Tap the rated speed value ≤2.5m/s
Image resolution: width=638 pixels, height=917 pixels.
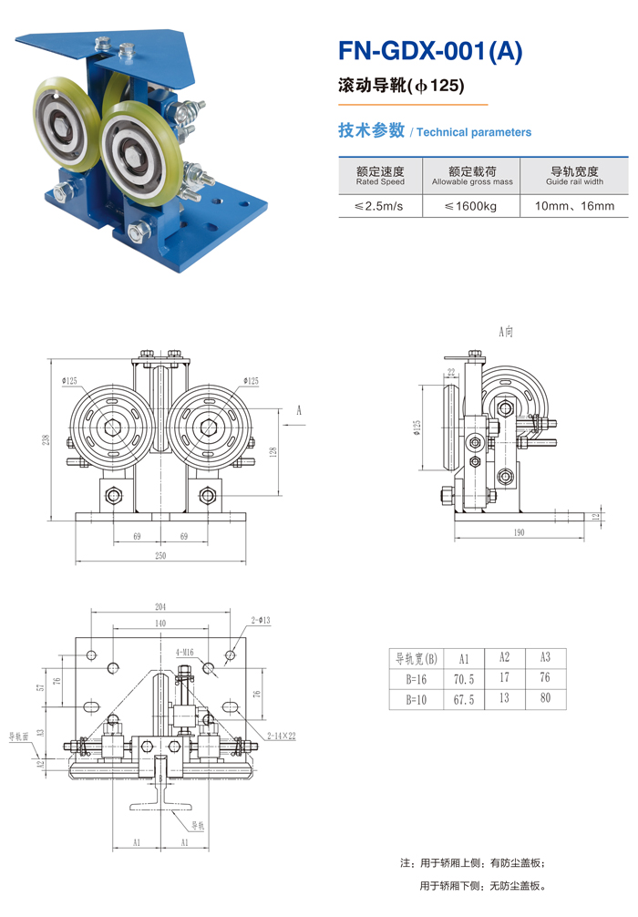(x=379, y=207)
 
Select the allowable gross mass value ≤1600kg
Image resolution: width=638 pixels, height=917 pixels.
(x=471, y=207)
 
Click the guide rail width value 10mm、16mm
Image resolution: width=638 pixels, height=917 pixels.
(x=574, y=207)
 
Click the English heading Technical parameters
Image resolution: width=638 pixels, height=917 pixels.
(x=474, y=133)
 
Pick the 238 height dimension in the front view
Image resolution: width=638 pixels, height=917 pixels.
(x=46, y=439)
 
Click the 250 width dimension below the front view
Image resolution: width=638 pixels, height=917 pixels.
(x=160, y=556)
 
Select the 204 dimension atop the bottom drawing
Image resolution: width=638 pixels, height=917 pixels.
(x=160, y=607)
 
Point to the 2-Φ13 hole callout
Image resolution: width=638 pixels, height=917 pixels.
(x=262, y=621)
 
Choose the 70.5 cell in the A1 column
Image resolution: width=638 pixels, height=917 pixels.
(x=463, y=679)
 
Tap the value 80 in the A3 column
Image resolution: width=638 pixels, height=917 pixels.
(x=545, y=701)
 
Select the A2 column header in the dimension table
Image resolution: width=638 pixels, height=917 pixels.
(x=504, y=657)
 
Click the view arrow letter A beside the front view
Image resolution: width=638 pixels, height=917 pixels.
(x=298, y=410)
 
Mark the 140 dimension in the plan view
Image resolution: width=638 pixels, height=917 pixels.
(x=160, y=623)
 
